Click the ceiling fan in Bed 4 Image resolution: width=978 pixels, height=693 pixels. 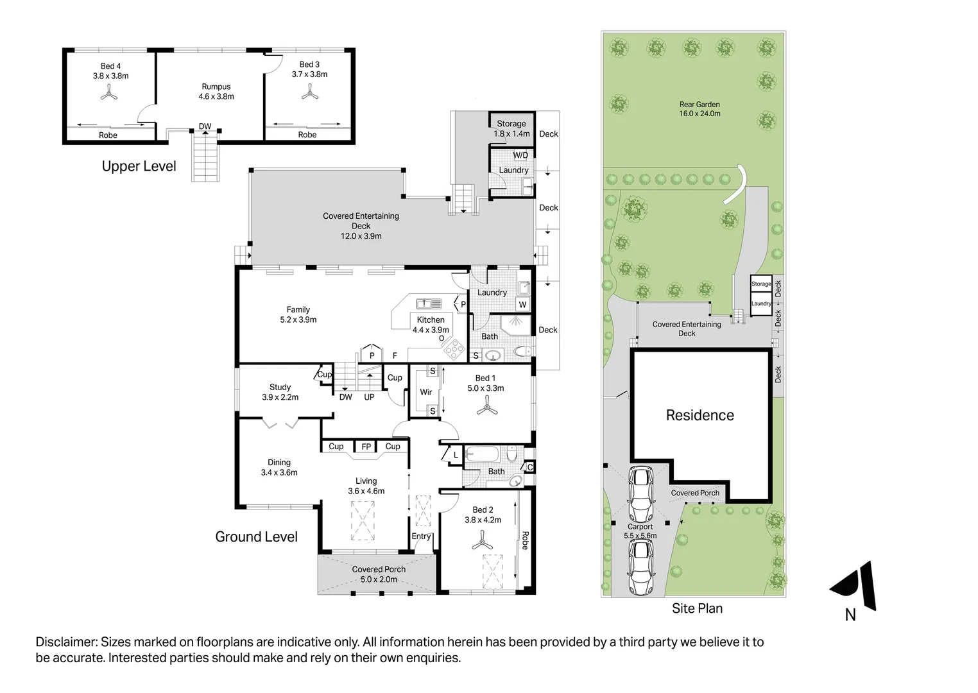point(109,94)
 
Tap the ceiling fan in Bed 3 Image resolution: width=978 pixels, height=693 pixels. point(311,93)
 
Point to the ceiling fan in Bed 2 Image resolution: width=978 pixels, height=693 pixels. point(483,543)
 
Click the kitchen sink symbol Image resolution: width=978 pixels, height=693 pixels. point(429,304)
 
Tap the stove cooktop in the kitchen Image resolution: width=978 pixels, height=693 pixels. point(454,349)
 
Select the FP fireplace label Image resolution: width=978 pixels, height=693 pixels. point(366,447)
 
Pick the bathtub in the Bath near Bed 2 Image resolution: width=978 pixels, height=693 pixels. point(482,455)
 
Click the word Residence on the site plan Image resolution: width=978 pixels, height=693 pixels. point(699,415)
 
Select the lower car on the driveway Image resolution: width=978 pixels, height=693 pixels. point(641,568)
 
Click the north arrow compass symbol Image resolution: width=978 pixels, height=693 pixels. point(856,586)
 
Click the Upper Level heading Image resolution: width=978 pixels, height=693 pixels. point(139,166)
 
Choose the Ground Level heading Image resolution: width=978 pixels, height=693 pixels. point(256,537)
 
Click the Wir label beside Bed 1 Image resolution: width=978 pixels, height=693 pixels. point(425,392)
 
